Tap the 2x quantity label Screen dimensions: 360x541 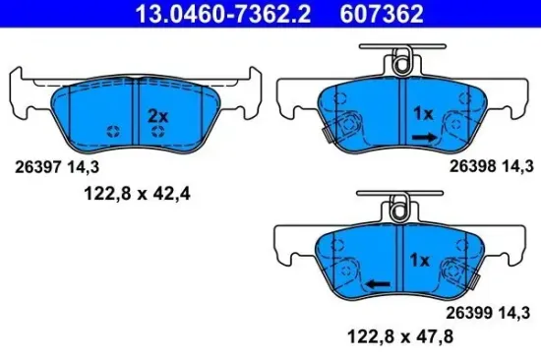pyautogui.click(x=157, y=115)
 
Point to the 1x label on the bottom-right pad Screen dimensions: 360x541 pyautogui.click(x=418, y=261)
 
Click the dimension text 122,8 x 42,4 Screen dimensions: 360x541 pyautogui.click(x=134, y=195)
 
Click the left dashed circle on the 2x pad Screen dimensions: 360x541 pyautogui.click(x=114, y=133)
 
